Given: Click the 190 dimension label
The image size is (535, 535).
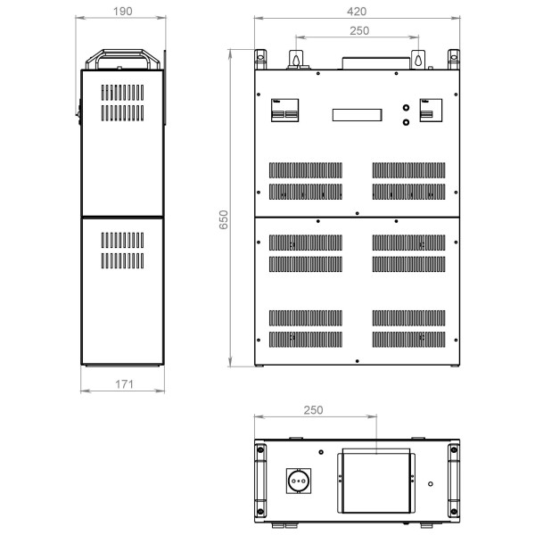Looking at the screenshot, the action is tap(123, 12).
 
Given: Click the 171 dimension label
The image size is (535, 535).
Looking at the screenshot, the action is tap(124, 384).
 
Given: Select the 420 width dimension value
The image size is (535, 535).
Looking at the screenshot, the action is tap(357, 12).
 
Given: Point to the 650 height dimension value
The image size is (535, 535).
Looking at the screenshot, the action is tap(224, 219).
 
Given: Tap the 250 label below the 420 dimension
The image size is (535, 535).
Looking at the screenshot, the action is tap(359, 30).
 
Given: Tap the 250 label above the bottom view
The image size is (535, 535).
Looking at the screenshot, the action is tap(313, 410).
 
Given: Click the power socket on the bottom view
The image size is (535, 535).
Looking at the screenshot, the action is tap(299, 481).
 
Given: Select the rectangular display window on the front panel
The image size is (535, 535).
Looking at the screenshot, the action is tap(358, 115).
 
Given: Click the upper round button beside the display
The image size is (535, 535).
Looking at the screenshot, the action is tap(406, 108).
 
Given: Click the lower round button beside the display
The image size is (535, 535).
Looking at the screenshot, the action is tap(406, 122).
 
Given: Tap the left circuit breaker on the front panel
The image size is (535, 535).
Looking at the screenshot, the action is tap(285, 111).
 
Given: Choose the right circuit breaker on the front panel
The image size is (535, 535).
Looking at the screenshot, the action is tap(431, 111).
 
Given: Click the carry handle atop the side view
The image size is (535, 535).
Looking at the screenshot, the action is tap(123, 59).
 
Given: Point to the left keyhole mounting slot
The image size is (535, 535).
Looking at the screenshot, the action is tap(296, 60).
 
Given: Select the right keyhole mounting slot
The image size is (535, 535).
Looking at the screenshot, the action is tap(418, 60).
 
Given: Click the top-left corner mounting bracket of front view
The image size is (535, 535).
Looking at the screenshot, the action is tap(260, 60).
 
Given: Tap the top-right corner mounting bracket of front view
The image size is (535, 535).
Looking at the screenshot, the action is tap(454, 60).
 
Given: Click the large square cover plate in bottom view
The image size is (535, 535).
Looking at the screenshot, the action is tap(376, 481).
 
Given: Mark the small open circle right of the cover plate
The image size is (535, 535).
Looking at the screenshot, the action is tap(431, 484).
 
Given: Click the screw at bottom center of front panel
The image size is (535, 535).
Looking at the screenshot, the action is tap(358, 361).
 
